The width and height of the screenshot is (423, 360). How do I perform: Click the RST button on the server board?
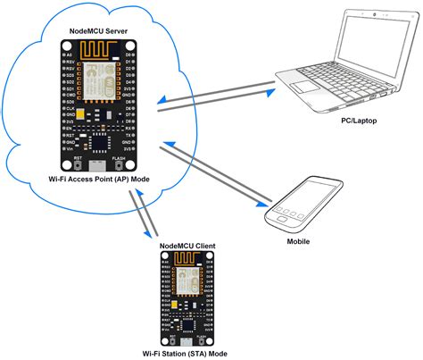coord(79,161)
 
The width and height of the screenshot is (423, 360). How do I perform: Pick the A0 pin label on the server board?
coord(70,55)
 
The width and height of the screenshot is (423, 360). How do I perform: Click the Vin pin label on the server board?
coord(70,151)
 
